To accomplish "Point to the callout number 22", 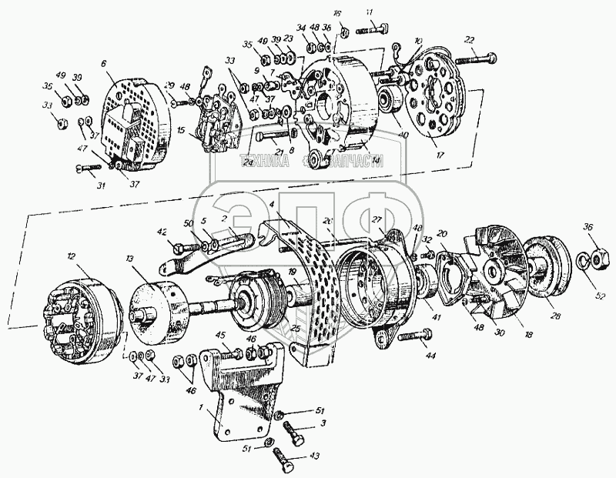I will [x=468, y=40].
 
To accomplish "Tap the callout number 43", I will [x=313, y=455].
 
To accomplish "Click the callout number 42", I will [x=162, y=231].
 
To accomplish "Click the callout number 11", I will [x=370, y=12].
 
